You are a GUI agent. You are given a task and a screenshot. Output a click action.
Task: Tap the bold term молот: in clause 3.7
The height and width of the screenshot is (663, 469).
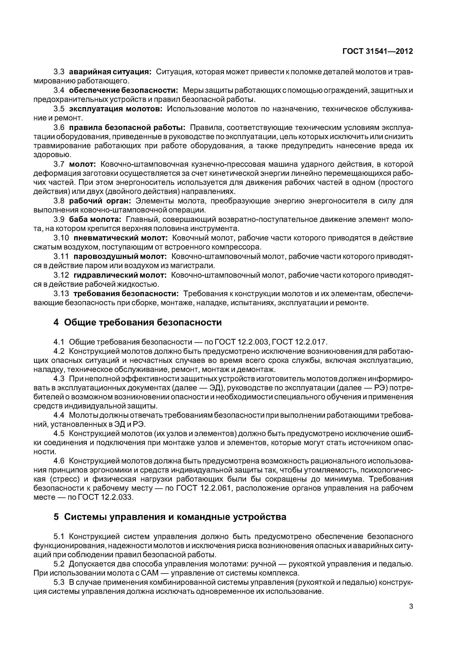pyautogui.click(x=82, y=164)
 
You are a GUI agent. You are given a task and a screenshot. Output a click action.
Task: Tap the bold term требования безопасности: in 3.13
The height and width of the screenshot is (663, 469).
pyautogui.click(x=126, y=294)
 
